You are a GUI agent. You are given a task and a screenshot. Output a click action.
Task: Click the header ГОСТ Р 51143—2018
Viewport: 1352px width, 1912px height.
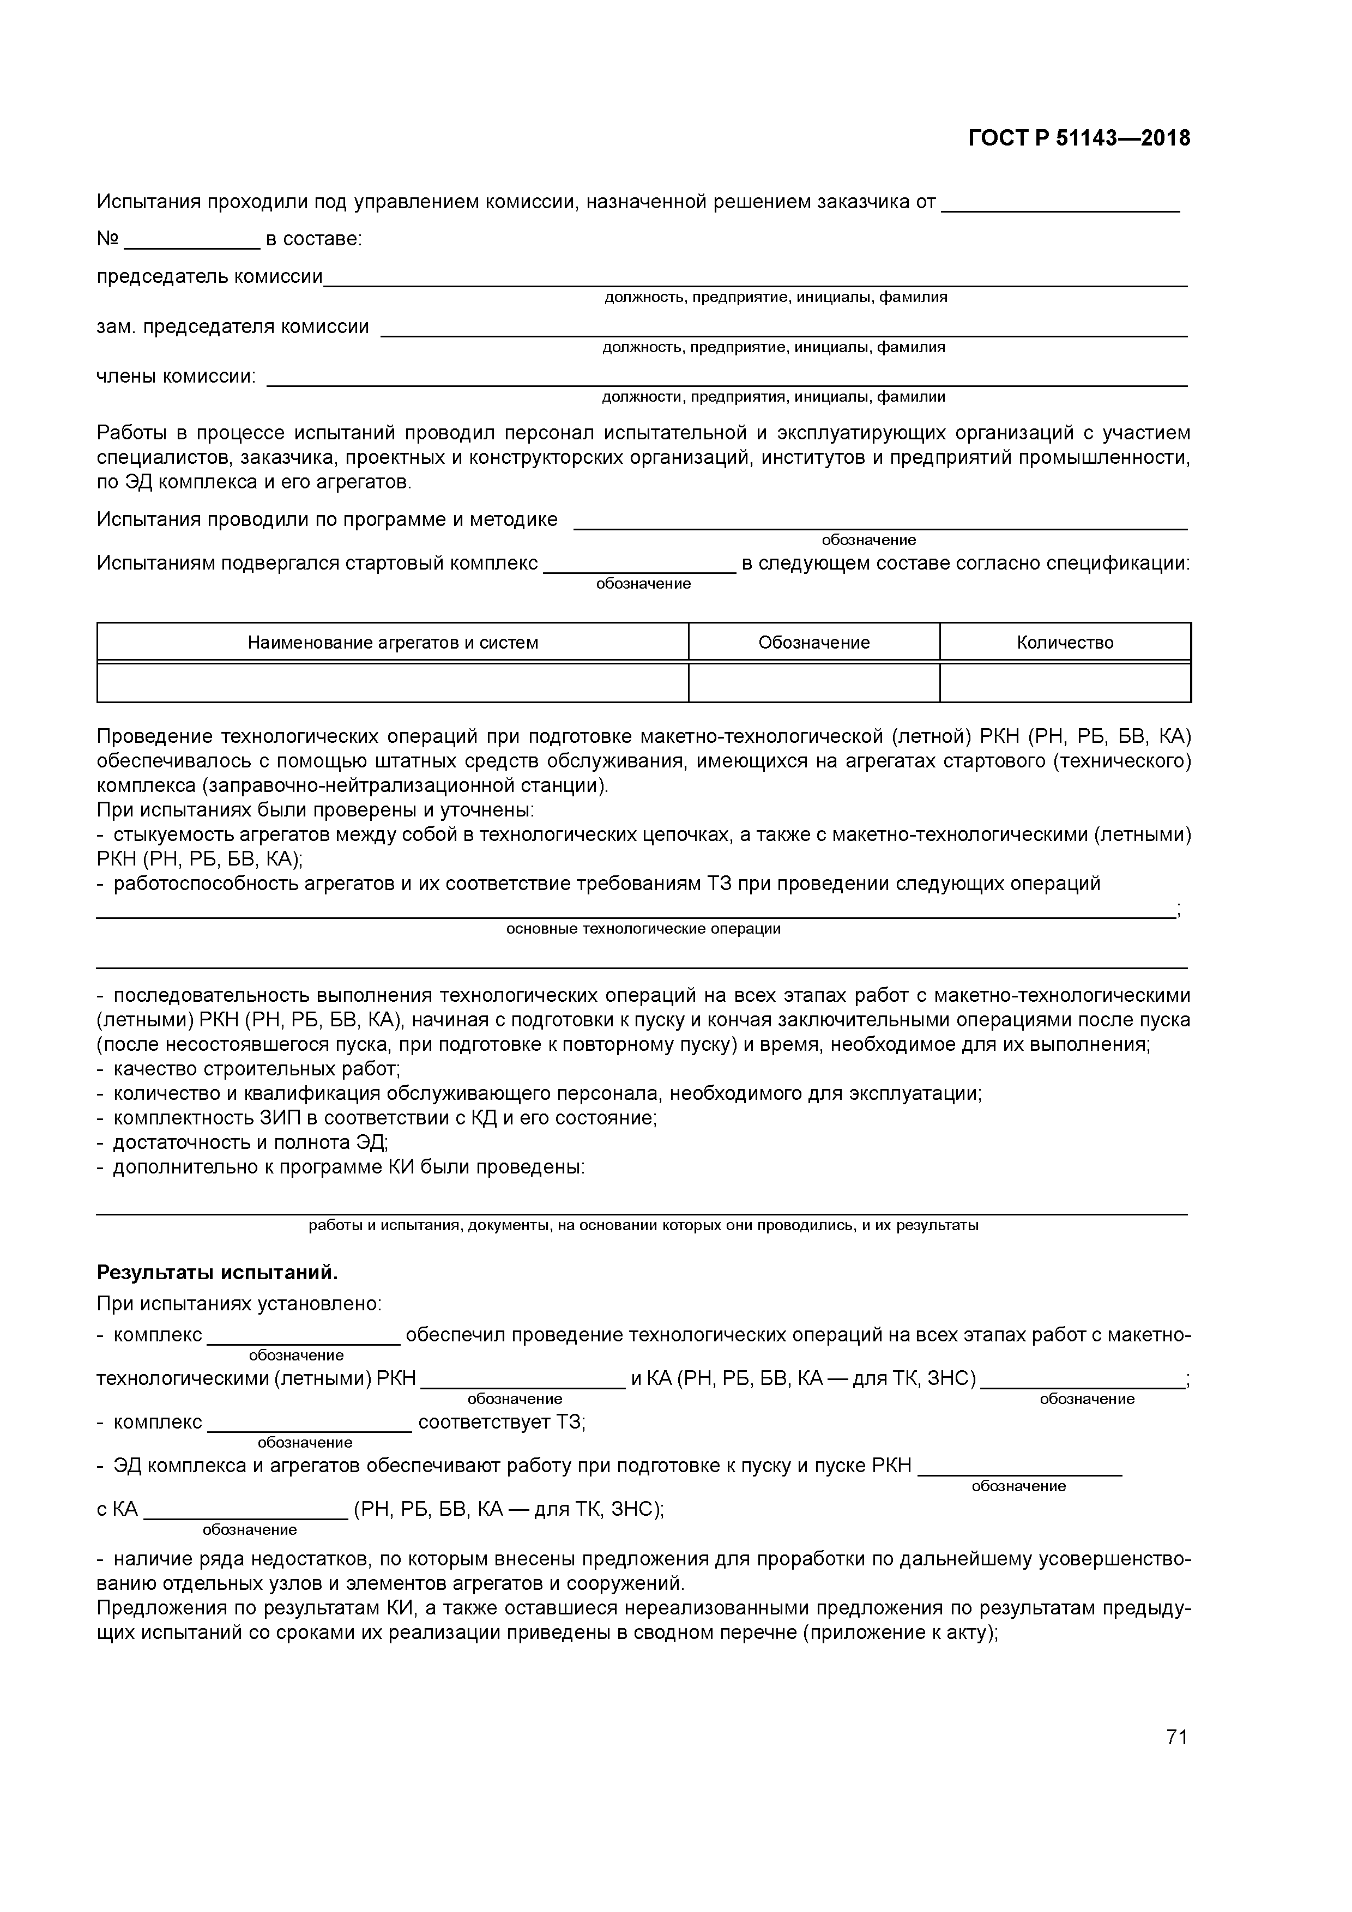(1079, 138)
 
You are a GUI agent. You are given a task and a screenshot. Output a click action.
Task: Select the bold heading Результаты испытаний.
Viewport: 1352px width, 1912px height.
(218, 1273)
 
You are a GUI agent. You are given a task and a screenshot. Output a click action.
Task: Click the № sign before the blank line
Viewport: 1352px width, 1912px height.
(107, 239)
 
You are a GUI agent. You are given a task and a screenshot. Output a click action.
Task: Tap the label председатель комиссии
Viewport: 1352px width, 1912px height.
(209, 276)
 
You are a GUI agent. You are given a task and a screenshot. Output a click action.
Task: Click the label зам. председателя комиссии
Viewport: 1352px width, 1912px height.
(232, 326)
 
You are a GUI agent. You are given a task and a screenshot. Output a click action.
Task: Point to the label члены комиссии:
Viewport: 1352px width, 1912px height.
(177, 377)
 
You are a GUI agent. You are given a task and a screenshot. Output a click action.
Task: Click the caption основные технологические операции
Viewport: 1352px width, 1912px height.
(643, 929)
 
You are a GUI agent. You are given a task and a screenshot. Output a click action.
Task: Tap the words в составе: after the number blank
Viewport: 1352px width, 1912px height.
(313, 239)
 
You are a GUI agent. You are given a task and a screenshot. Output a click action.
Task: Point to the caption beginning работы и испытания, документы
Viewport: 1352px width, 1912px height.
(643, 1225)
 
